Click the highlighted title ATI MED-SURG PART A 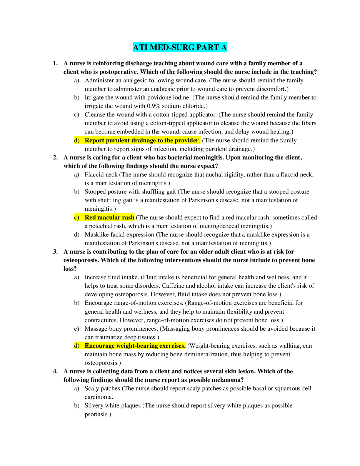pyautogui.click(x=180, y=47)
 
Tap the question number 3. pyautogui.click(x=55, y=252)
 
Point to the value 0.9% pyautogui.click(x=153, y=106)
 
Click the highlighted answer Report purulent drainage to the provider pyautogui.click(x=142, y=140)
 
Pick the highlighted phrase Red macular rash pyautogui.click(x=109, y=217)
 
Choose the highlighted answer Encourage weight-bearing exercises pyautogui.click(x=135, y=346)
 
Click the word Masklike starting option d pyautogui.click(x=97, y=234)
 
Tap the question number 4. pyautogui.click(x=55, y=371)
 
